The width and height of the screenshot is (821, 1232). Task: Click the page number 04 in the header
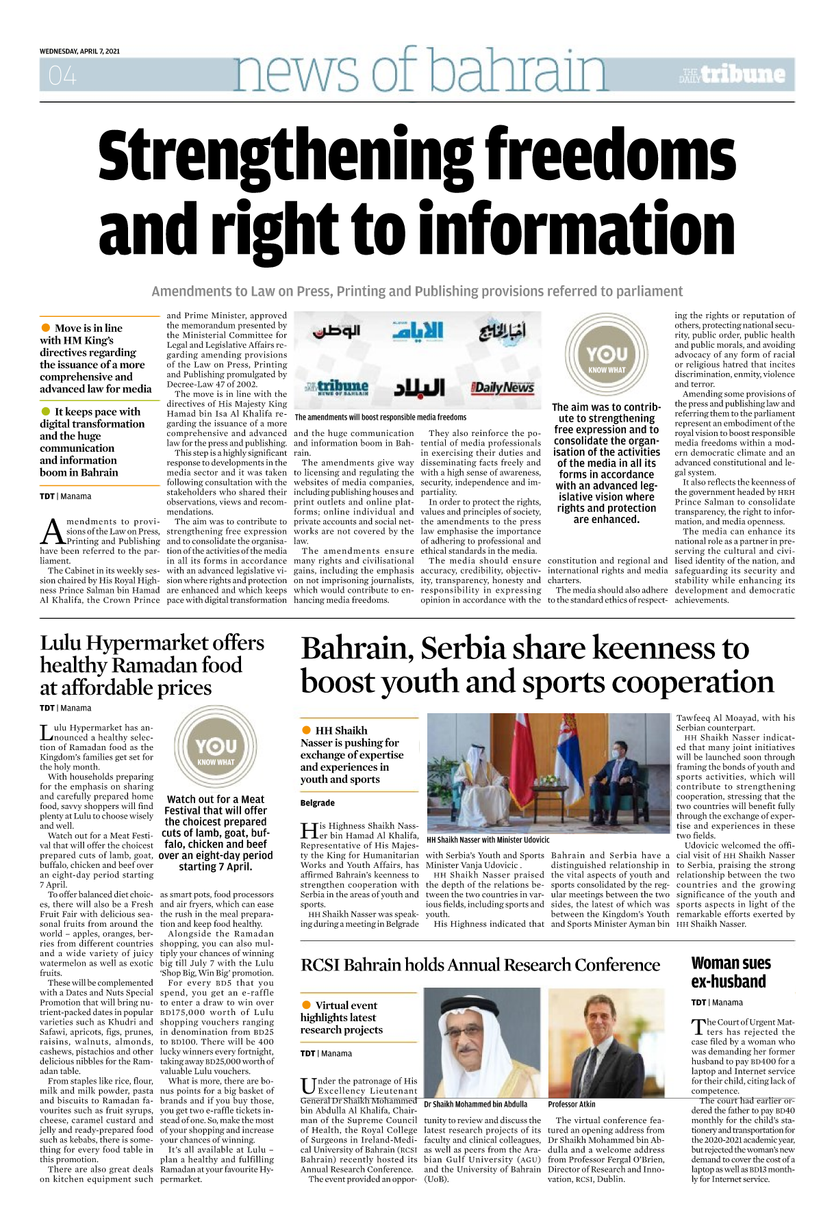[62, 76]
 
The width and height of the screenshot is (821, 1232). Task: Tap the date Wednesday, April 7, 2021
[79, 51]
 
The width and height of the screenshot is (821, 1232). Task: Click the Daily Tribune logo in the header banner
[732, 75]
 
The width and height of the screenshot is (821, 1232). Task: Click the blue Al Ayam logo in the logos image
[417, 331]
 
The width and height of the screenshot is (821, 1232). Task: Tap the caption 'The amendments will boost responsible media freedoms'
[380, 417]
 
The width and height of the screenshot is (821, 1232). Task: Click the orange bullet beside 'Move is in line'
[46, 328]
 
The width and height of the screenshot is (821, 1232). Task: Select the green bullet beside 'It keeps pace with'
[46, 411]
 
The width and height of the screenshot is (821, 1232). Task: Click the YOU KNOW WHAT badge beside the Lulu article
[216, 749]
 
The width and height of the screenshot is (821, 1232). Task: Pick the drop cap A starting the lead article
[52, 530]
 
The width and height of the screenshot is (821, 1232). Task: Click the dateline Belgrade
[317, 803]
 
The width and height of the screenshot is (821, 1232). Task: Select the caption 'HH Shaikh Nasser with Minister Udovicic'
[488, 840]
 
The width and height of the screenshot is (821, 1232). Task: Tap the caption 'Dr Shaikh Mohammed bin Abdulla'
[475, 1104]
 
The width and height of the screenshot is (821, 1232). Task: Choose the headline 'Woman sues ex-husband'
[731, 972]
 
